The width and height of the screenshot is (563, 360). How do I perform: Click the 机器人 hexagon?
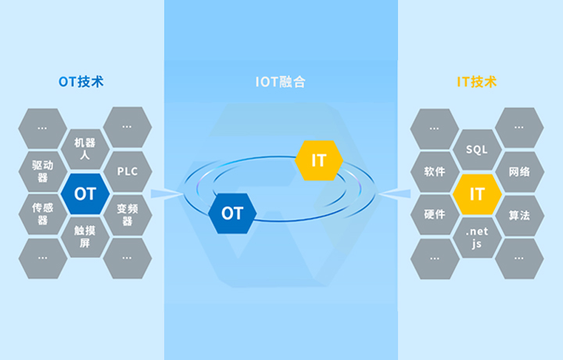tap(84, 149)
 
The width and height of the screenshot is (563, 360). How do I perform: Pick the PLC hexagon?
tap(127, 171)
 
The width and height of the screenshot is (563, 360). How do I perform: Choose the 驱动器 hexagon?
tap(42, 171)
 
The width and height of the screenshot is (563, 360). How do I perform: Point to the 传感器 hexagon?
tap(42, 214)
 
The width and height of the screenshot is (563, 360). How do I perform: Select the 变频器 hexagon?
tap(127, 214)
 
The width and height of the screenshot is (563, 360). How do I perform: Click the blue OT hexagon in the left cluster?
tap(84, 193)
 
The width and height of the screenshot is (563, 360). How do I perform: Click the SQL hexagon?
tap(476, 149)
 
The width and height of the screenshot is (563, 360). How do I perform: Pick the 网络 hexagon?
tap(519, 171)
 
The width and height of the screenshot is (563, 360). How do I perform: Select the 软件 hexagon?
tap(434, 171)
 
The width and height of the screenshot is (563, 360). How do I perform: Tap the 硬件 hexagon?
tap(434, 214)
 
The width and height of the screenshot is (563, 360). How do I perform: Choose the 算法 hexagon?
tap(519, 214)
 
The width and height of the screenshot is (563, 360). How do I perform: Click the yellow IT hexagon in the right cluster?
tap(476, 193)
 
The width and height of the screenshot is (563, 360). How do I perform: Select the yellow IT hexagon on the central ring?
tap(319, 160)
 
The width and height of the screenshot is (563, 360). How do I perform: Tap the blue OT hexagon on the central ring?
tap(232, 213)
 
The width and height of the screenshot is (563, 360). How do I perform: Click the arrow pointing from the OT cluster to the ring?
tap(166, 193)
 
